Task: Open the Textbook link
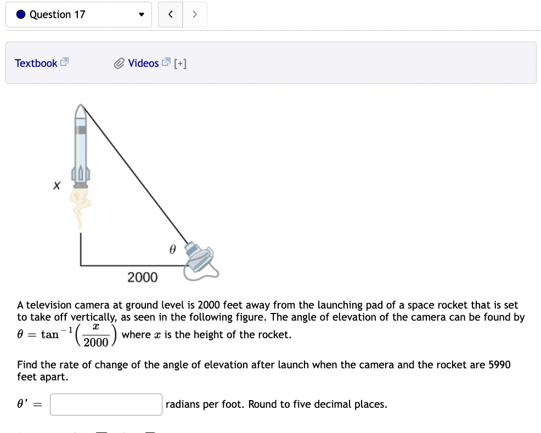tap(36, 63)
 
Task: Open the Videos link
tap(143, 63)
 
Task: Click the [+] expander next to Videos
tap(180, 64)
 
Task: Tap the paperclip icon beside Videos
tap(120, 64)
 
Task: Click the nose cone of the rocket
tap(80, 112)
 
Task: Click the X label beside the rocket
tap(56, 186)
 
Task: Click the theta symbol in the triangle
tap(172, 249)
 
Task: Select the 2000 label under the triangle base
tap(142, 277)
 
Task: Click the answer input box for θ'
tap(106, 404)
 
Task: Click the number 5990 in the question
tap(499, 364)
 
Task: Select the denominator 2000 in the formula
tap(96, 343)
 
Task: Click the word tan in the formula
tap(50, 335)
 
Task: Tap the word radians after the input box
tap(183, 404)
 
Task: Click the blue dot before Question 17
tap(20, 15)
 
